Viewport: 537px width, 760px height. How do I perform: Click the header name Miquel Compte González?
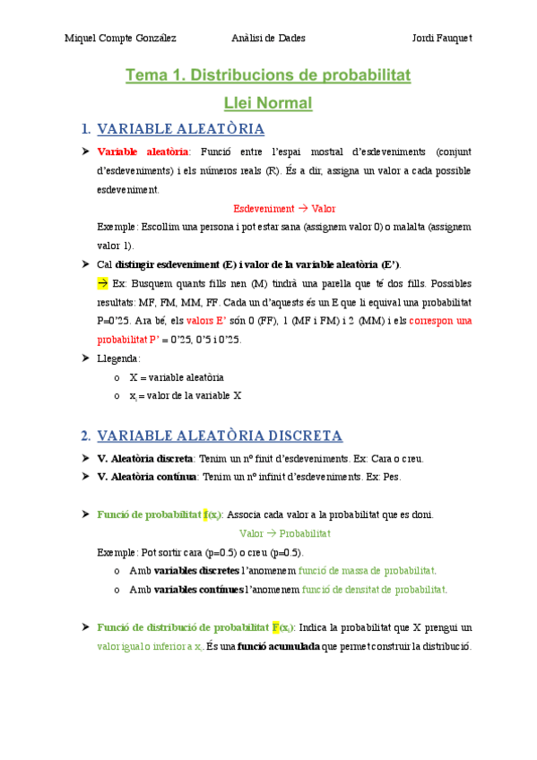121,39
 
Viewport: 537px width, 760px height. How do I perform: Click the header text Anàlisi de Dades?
268,39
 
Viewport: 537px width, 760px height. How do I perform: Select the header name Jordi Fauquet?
442,39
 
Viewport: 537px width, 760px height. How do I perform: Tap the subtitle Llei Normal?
268,103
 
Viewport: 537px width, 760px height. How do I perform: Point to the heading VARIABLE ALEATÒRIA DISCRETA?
220,436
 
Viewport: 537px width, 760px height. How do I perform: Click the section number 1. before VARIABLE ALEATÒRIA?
85,129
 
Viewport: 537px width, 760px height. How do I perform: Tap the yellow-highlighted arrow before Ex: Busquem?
102,282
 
